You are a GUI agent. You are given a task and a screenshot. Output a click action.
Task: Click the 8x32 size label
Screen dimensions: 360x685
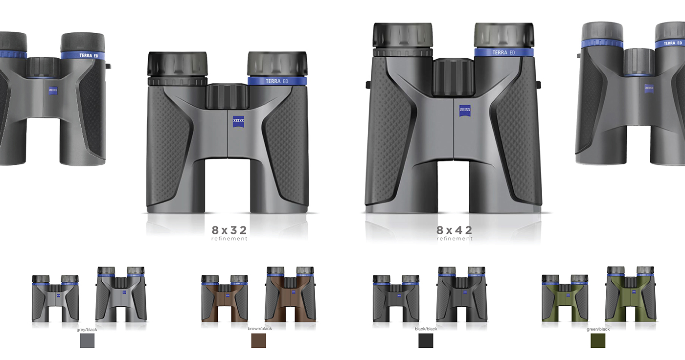[x=229, y=230]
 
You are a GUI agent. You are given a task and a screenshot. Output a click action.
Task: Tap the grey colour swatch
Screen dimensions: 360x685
[x=87, y=340]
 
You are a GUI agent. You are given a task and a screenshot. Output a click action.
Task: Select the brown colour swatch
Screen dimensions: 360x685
[x=258, y=340]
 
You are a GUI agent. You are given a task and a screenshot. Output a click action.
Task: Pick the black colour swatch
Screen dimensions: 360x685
[x=426, y=340]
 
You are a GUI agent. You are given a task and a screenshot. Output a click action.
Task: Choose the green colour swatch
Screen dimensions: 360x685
[x=598, y=340]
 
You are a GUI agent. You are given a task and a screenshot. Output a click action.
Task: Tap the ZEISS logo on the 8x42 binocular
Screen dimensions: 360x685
[x=465, y=111]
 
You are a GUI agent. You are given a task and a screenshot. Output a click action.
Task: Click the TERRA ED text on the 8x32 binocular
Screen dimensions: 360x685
[x=277, y=81]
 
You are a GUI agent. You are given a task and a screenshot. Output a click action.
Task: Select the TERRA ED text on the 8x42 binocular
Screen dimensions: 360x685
[x=503, y=52]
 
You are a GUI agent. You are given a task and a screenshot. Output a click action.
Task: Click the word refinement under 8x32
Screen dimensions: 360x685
[x=229, y=239]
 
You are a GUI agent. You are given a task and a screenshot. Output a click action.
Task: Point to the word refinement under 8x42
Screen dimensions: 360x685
[x=455, y=239]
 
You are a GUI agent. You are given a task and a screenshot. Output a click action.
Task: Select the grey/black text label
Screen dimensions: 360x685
[x=87, y=330]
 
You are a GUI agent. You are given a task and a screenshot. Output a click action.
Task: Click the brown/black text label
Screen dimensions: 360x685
[x=260, y=329]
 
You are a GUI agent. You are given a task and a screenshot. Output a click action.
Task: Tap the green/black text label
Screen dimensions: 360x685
[x=598, y=329]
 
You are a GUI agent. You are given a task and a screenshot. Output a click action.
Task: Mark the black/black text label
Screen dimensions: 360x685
[x=426, y=329]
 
